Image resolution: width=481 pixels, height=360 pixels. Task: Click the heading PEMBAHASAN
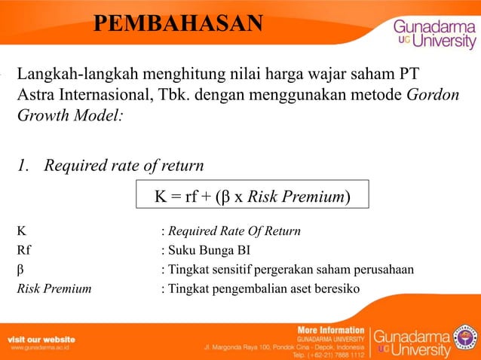click(179, 24)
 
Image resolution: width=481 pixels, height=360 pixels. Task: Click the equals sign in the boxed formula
click(176, 197)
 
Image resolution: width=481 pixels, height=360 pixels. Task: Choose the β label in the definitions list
click(20, 270)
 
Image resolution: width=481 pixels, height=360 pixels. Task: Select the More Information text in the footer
click(331, 330)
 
